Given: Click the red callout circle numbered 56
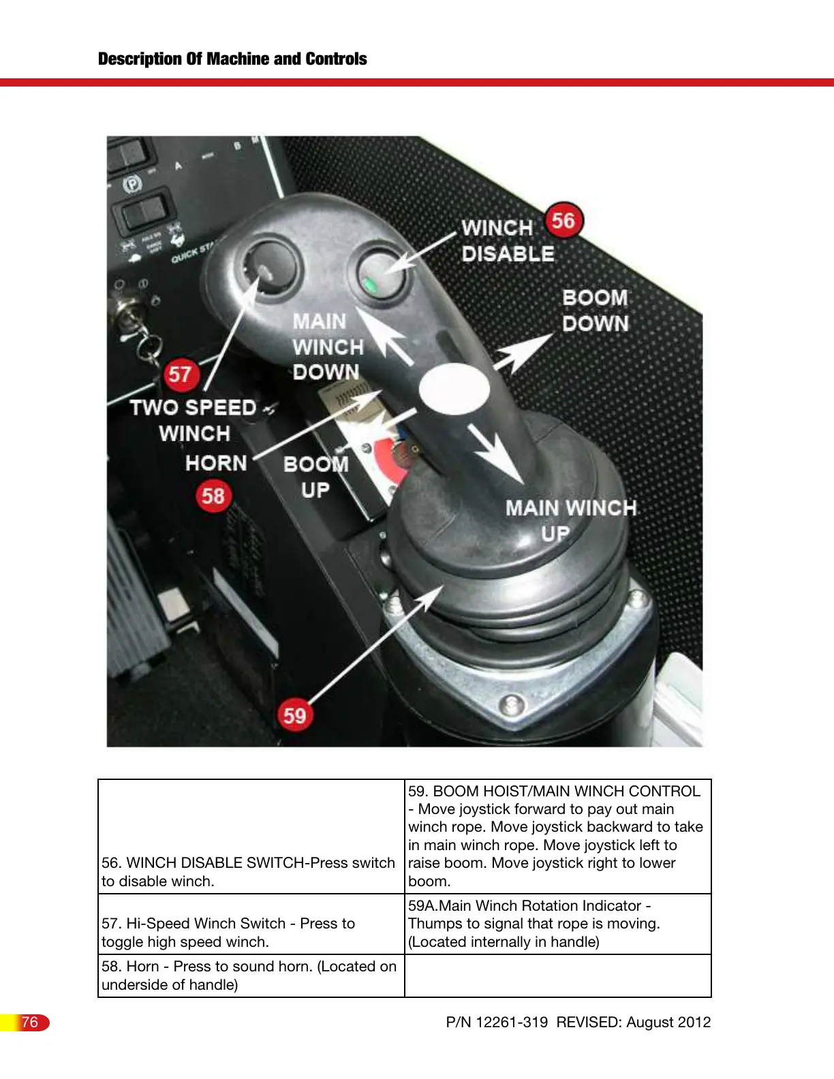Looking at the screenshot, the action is [x=563, y=221].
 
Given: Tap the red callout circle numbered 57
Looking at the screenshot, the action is [x=180, y=374].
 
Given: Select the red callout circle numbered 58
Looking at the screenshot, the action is [x=213, y=495].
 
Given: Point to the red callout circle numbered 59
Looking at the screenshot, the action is [x=294, y=715].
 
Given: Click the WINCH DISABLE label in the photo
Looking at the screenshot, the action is [x=508, y=240].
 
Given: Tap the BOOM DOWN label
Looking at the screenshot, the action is [x=595, y=311].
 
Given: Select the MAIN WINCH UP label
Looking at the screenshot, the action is [x=570, y=520].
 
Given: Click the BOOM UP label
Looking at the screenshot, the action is [x=315, y=477].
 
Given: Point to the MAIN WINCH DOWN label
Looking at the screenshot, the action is [x=327, y=347].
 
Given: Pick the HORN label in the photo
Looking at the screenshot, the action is [x=216, y=463].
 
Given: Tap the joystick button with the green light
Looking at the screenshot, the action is [x=380, y=275].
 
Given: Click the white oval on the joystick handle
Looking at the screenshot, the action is [x=454, y=389].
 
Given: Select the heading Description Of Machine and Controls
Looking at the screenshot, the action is [x=232, y=59].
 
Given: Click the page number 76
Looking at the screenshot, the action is [x=29, y=1022].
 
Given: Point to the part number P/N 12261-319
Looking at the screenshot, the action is [x=497, y=1022].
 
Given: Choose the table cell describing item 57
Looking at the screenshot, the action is [x=251, y=932].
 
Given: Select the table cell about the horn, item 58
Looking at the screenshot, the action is [x=251, y=975].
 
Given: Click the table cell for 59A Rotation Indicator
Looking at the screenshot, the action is [x=557, y=924].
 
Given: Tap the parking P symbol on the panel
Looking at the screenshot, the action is [x=132, y=184].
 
